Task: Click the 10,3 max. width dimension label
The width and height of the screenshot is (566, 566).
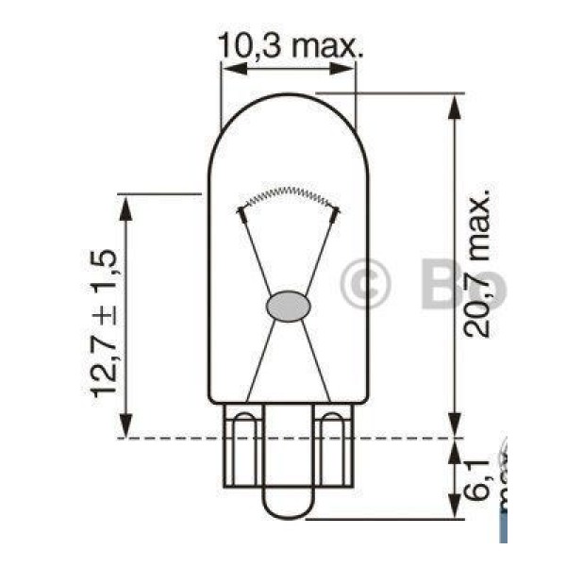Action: point(289,43)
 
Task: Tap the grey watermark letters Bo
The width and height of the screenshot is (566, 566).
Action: point(462,284)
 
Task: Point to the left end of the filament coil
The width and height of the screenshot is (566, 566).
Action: point(241,213)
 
